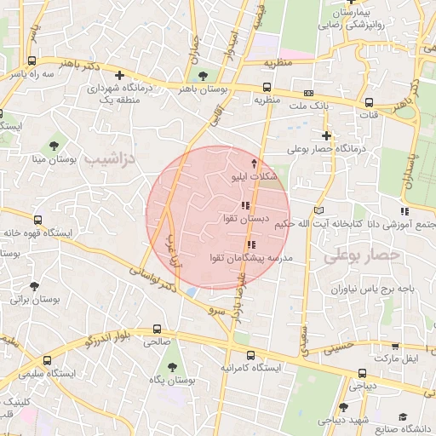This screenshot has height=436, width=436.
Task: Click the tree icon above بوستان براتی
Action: [33, 287]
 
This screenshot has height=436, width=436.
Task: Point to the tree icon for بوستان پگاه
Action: [173, 368]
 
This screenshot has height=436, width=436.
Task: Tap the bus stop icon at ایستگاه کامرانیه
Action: [250, 355]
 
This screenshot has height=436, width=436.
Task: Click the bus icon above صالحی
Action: [157, 329]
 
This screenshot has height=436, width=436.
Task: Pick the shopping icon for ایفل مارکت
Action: [395, 347]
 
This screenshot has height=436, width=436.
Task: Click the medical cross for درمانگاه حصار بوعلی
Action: [327, 135]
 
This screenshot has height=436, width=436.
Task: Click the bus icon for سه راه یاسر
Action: [32, 61]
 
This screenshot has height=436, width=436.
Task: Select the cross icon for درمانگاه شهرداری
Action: [119, 75]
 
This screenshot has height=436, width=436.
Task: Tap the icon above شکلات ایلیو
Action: [253, 161]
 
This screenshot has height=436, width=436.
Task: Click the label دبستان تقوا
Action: [246, 219]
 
